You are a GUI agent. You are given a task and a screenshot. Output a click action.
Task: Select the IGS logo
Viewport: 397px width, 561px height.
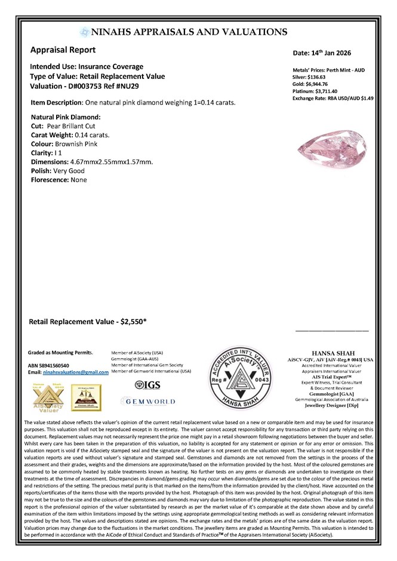pyautogui.click(x=148, y=385)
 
